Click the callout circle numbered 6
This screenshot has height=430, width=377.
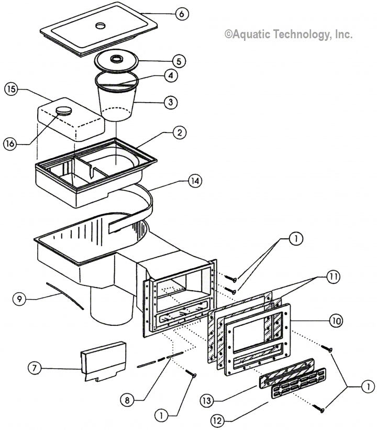(181, 14)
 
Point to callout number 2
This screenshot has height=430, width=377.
(180, 133)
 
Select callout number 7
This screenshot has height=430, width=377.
(35, 368)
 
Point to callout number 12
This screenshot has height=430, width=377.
(217, 420)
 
